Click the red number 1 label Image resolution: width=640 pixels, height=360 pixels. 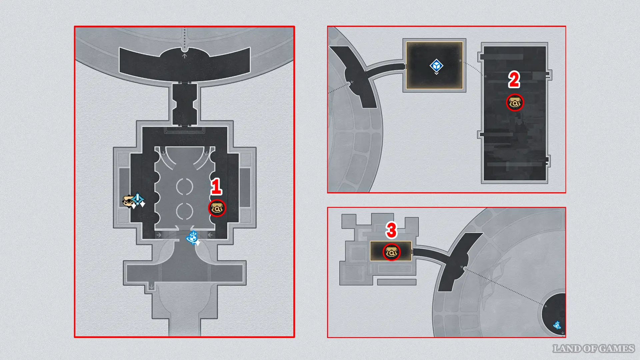(x=216, y=186)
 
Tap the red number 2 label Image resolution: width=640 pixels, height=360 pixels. (x=514, y=80)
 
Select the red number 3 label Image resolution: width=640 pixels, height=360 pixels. (x=391, y=230)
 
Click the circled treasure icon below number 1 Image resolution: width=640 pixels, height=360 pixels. (x=217, y=208)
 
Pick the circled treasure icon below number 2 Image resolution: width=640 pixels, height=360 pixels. (x=515, y=103)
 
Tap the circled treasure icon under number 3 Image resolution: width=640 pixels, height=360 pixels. (x=391, y=252)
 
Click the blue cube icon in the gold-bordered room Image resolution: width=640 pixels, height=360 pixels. (x=436, y=66)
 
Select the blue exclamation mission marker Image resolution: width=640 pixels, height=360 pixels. (x=138, y=200)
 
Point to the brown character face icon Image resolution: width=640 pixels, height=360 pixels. (x=128, y=201)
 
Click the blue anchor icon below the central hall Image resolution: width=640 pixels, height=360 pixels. (x=192, y=238)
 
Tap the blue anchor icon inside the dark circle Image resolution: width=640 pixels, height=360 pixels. (x=557, y=325)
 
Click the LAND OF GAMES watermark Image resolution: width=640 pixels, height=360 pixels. (x=593, y=349)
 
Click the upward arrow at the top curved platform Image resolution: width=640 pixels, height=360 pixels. (x=184, y=56)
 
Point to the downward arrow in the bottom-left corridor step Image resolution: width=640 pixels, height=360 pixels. (x=152, y=287)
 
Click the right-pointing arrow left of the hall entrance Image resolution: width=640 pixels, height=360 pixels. (x=159, y=235)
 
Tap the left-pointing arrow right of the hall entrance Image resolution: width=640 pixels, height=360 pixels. (x=210, y=235)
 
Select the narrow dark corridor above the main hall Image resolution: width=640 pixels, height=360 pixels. (x=185, y=104)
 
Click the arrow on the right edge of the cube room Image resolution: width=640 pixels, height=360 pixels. (x=460, y=61)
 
